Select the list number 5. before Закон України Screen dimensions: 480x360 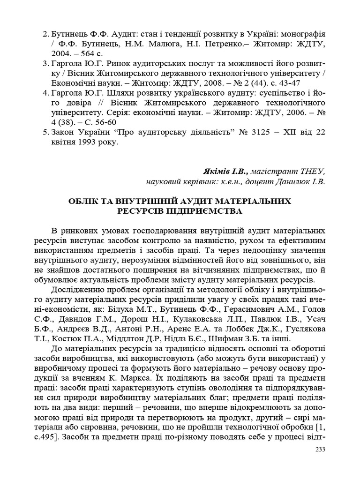point(46,133)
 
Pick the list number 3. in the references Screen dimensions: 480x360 point(46,63)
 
